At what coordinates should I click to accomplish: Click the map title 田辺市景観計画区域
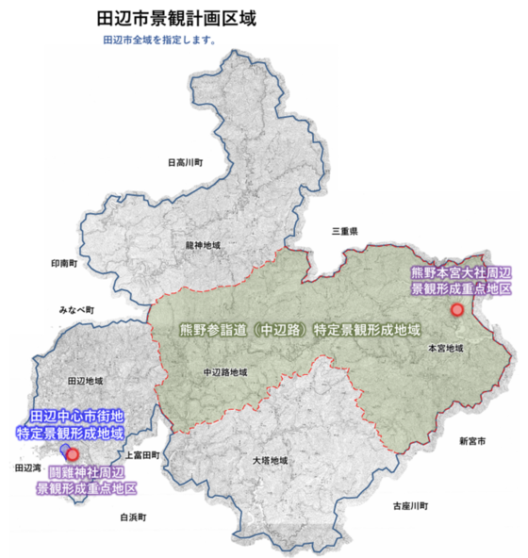177,19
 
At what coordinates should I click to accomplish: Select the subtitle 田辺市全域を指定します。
159,41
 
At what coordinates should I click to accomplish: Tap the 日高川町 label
186,162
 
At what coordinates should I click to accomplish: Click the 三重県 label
345,230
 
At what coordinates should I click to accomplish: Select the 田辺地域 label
86,381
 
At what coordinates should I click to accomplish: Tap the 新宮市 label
472,441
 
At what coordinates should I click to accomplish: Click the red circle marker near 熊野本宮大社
458,308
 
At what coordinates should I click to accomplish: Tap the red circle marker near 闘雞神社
73,453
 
